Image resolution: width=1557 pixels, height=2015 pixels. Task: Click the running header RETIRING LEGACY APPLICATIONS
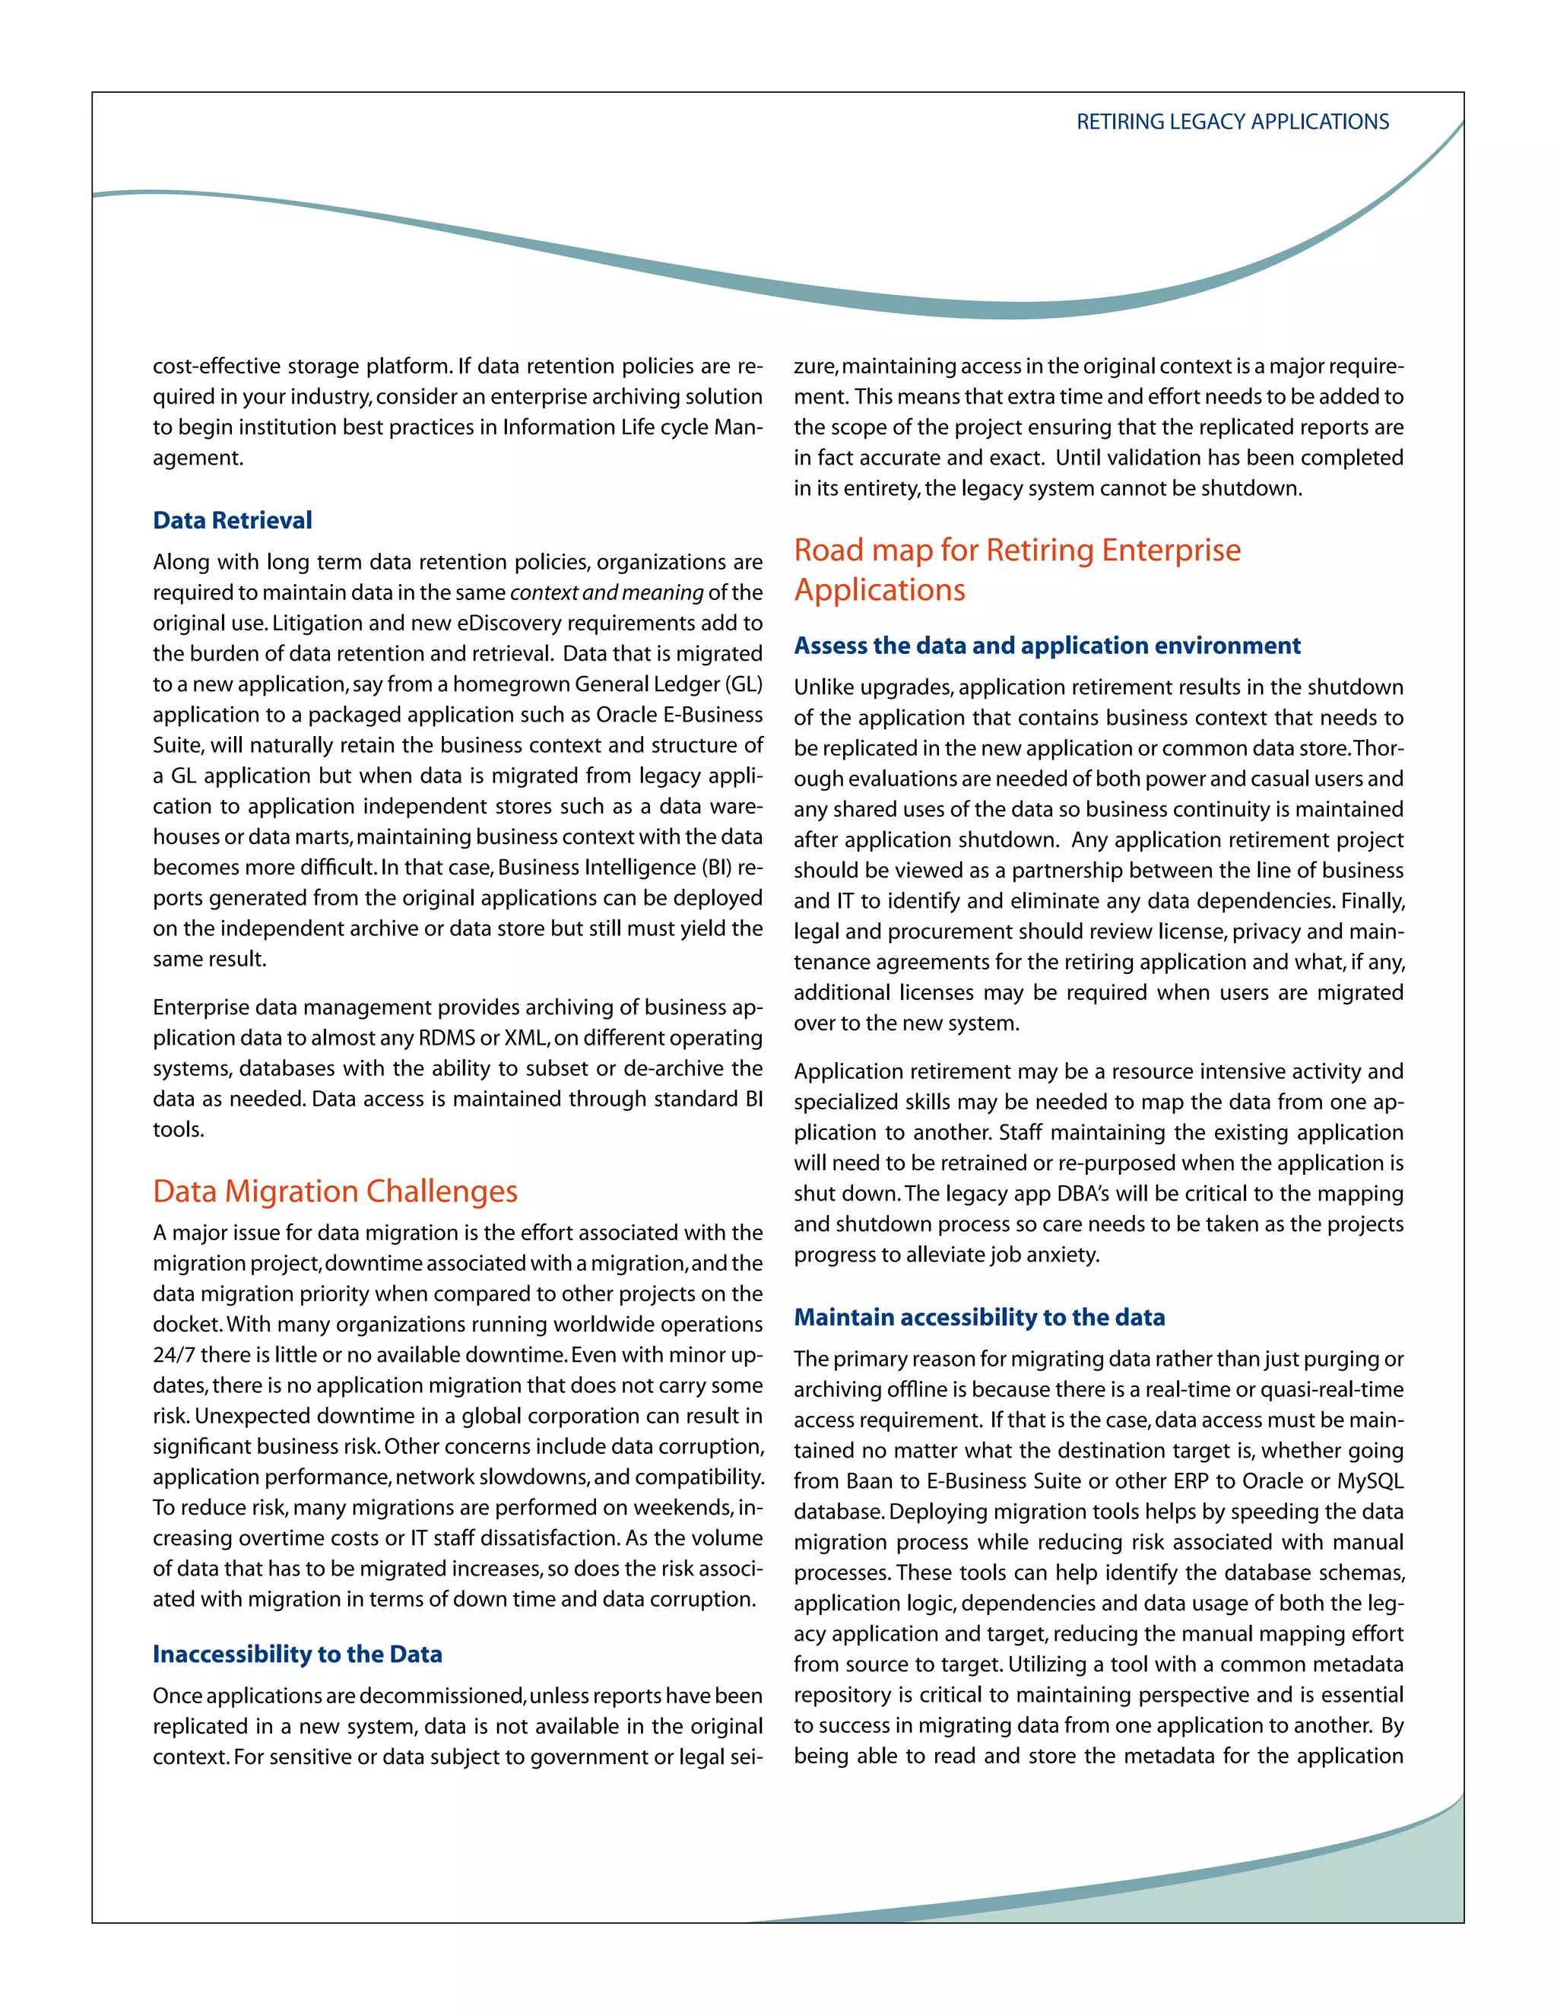click(x=1232, y=122)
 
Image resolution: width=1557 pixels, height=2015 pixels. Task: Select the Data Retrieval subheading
click(x=233, y=520)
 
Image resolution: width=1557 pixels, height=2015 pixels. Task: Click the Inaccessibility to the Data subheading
click(x=297, y=1655)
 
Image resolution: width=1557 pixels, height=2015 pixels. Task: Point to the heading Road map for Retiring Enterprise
click(x=1016, y=550)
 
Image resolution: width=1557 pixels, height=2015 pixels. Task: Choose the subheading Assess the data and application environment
click(x=1047, y=646)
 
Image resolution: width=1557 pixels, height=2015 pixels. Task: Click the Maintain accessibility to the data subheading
click(x=978, y=1318)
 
